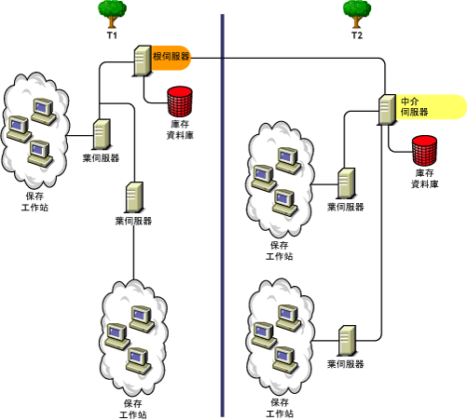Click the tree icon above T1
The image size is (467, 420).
coord(112,12)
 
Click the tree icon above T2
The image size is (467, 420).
coord(356,12)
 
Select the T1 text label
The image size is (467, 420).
coord(111,35)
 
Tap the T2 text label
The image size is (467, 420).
coord(356,35)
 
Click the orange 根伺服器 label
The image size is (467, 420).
coord(172,58)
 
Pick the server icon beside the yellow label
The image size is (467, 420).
coord(387,110)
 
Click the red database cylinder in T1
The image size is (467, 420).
coord(177,99)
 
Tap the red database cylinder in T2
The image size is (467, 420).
coord(425,148)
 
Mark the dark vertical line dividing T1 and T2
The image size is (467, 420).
coord(222,214)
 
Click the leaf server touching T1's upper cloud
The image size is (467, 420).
coord(103,136)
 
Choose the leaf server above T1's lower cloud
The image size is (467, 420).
coord(133,197)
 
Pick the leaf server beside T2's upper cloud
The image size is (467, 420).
coord(346,183)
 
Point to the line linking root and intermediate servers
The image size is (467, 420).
coord(298,58)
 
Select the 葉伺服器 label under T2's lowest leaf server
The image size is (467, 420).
coord(346,364)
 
